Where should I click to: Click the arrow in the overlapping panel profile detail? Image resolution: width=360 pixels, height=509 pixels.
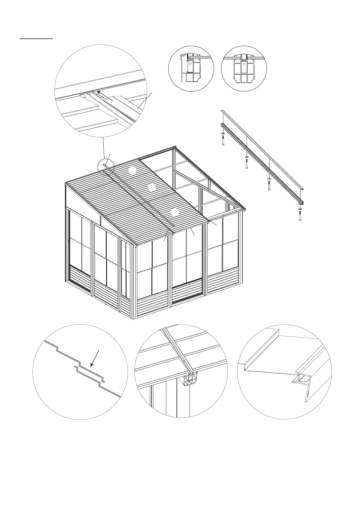(x=95, y=358)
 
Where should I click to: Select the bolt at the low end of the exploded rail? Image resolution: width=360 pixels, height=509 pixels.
(x=300, y=215)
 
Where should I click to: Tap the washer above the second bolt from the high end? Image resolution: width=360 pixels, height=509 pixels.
(x=246, y=157)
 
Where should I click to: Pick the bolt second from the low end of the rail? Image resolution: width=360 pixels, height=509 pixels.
(x=269, y=185)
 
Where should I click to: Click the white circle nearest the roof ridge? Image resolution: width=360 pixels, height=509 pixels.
(x=132, y=170)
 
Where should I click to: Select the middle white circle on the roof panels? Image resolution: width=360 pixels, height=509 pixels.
(x=152, y=188)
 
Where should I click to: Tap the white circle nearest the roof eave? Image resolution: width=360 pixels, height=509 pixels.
(x=174, y=212)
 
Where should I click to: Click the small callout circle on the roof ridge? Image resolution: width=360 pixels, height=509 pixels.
(x=106, y=167)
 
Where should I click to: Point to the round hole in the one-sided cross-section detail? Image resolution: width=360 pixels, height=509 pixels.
(x=190, y=64)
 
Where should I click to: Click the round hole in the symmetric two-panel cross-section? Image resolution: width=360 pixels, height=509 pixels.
(x=244, y=64)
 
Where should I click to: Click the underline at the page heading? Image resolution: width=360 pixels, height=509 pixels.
(x=36, y=39)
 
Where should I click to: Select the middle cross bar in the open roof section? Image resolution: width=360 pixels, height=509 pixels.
(x=192, y=184)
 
